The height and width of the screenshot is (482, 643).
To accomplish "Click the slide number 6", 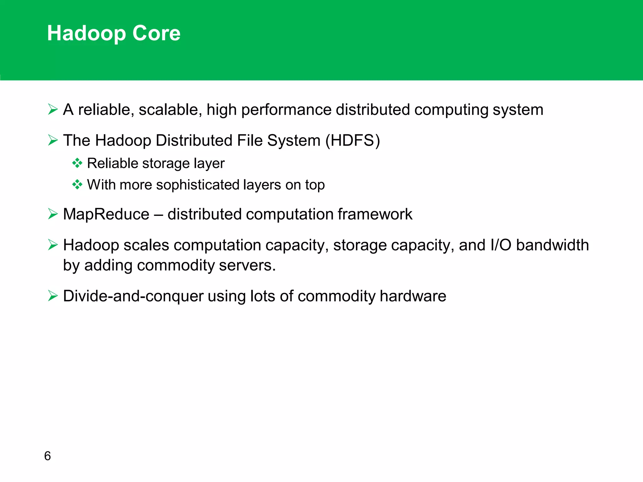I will pos(47,456).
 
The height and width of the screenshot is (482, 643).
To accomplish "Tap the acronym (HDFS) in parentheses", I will pos(353,140).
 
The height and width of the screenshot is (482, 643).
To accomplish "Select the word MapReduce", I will pos(106,214).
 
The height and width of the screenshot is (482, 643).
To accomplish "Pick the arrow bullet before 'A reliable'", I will pos(53,110).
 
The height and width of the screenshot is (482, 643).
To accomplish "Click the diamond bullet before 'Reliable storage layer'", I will pos(77,163).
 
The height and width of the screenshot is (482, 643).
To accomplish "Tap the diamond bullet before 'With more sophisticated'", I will pos(77,185).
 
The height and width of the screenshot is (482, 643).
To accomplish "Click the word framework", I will pos(375,214).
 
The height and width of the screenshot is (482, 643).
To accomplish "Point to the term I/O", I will pos(501,245).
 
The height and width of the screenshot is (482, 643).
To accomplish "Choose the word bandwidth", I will pos(552,245).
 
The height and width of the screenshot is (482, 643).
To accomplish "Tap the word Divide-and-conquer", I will pos(133,296).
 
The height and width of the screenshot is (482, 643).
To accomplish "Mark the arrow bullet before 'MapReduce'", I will pos(53,214).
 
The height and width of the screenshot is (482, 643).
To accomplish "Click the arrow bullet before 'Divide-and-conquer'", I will pos(53,296).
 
